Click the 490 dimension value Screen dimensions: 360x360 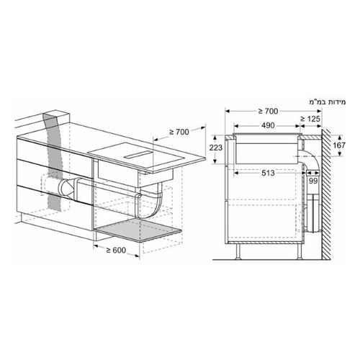point(268,125)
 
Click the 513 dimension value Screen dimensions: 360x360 point(268,173)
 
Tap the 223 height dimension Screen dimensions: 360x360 point(216,148)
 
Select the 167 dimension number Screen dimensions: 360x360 point(339,145)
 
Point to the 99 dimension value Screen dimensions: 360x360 point(313,181)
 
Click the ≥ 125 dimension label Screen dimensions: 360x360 point(310,119)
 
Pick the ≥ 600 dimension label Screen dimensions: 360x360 point(116,250)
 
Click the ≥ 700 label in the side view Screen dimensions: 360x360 point(268,111)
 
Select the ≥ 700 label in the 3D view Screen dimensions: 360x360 point(179,132)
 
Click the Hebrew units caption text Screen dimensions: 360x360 point(328,102)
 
